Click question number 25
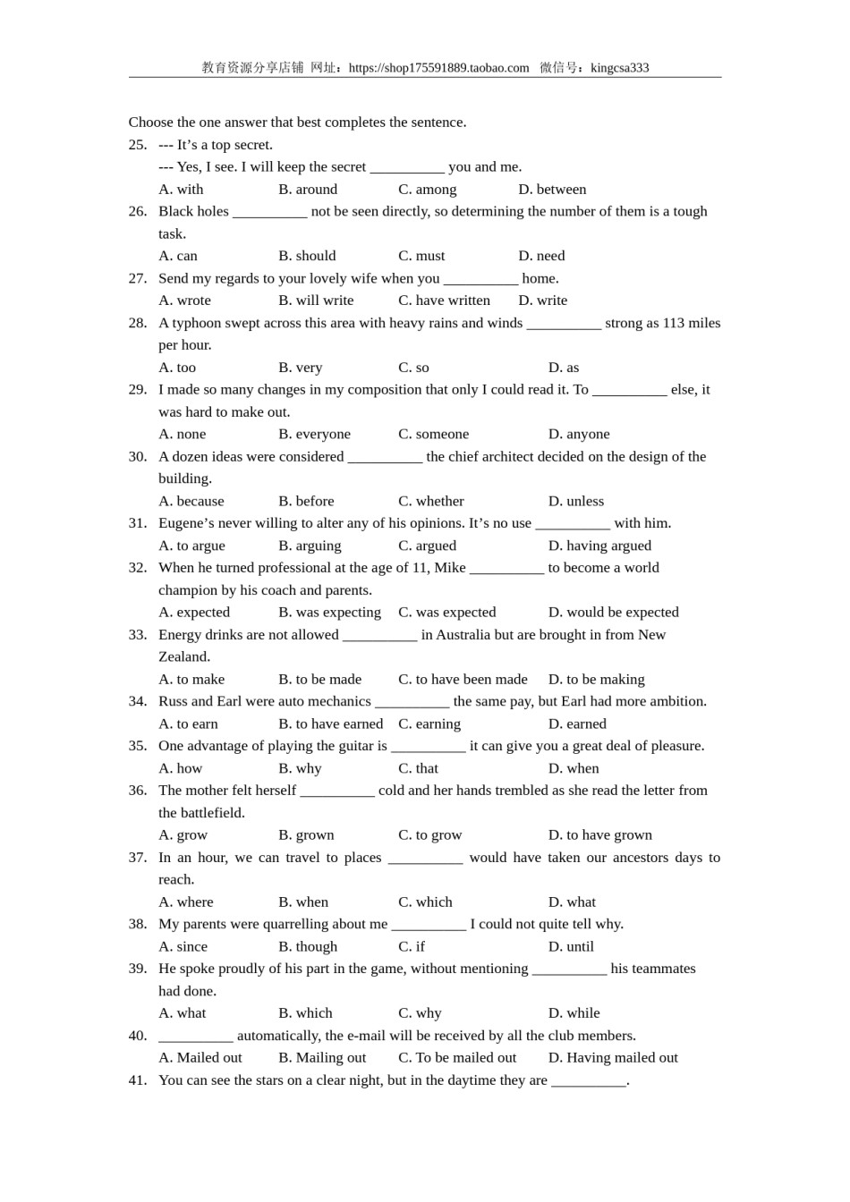tap(138, 145)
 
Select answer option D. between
tap(552, 190)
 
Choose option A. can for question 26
tap(178, 256)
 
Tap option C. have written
tap(444, 300)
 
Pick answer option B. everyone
tap(314, 434)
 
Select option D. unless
tap(575, 501)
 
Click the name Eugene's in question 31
tap(190, 523)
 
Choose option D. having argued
tap(599, 546)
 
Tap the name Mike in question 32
tap(450, 568)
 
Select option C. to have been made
tap(463, 680)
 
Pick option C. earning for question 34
tap(429, 724)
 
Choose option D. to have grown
tap(599, 835)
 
